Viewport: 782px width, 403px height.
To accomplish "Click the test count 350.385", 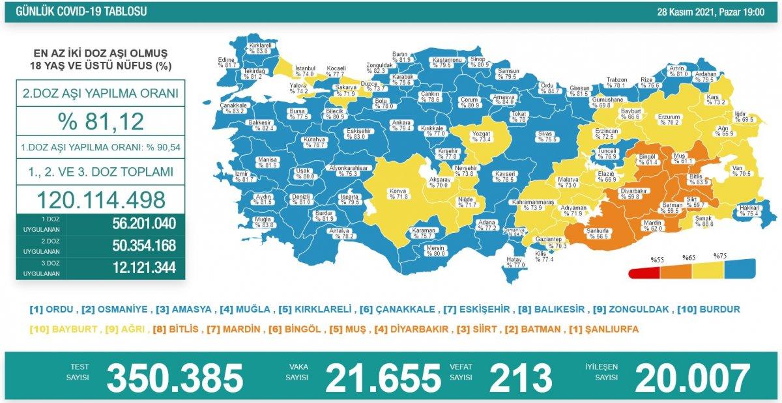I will point(175,378).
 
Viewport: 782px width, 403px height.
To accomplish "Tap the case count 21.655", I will point(383,378).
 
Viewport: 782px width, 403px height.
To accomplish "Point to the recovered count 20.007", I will point(692,378).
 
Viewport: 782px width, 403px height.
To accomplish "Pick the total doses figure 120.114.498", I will point(101,199).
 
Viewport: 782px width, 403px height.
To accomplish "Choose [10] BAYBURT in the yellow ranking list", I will point(63,329).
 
